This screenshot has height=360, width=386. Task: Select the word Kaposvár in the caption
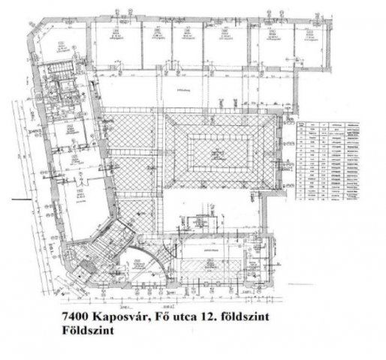[116, 318]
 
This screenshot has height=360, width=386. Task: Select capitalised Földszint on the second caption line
[83, 331]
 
